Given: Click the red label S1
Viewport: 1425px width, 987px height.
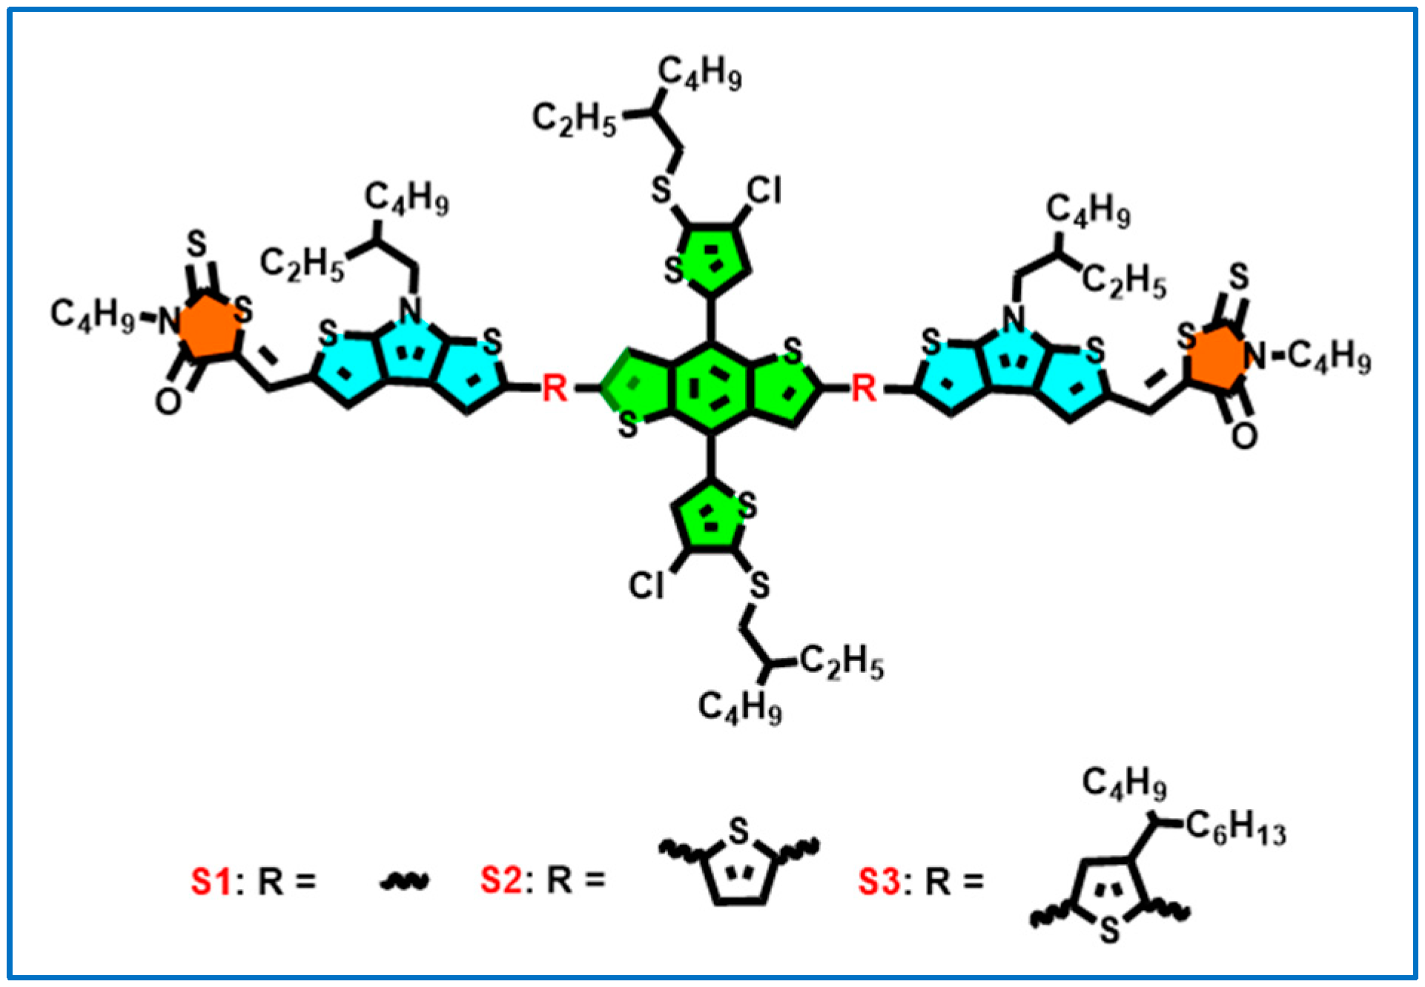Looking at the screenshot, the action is tap(211, 881).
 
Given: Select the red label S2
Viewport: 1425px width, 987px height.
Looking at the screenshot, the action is tap(501, 880).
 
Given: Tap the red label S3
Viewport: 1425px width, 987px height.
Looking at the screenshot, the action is tap(879, 881).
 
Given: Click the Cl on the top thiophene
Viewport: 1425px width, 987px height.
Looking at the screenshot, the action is tap(764, 191).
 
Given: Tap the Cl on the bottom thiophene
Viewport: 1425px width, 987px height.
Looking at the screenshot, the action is tap(647, 585).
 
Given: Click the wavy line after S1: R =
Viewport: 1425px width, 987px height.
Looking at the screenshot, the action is tap(404, 881).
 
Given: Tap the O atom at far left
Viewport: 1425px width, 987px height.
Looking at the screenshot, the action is tap(168, 402).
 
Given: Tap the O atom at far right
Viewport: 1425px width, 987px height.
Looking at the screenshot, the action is tap(1244, 436).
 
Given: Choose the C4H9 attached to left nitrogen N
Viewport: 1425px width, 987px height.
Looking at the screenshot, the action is tap(93, 314).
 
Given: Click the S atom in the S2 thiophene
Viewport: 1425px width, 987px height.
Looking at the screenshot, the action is tap(738, 831).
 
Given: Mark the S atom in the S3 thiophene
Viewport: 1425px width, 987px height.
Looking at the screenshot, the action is tap(1109, 929).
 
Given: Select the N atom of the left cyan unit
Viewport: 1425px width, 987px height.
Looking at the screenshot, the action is tap(410, 310).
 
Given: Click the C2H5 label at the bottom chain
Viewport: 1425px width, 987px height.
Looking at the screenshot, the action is tap(842, 661).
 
